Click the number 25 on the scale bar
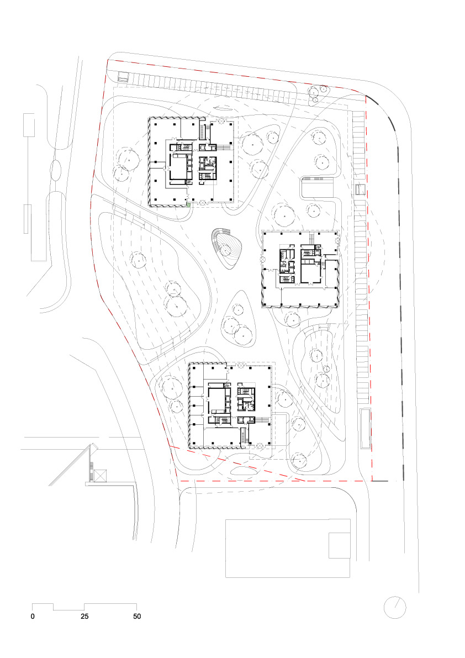pos(84,616)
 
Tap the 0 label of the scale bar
pos(33,616)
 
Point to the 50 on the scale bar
pos(136,616)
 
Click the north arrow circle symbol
pos(395,607)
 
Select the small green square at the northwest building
pos(188,205)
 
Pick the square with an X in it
pos(100,476)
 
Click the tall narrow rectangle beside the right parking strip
pos(364,429)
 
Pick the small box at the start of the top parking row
pos(122,77)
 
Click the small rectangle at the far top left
pos(29,125)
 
